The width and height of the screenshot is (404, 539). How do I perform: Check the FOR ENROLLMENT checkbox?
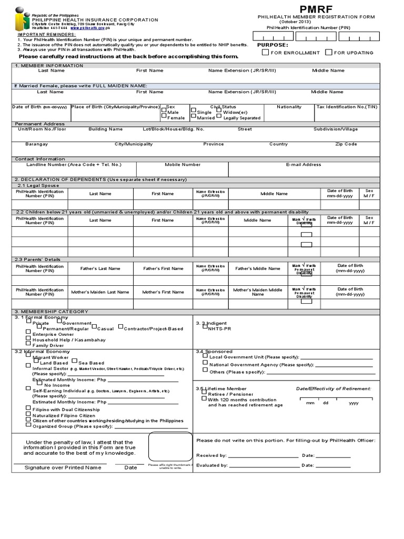pos(266,52)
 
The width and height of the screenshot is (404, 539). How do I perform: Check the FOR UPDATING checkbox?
pos(329,52)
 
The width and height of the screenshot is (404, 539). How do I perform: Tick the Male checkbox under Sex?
pos(164,111)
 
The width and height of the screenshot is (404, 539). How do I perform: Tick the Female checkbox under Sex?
pos(164,117)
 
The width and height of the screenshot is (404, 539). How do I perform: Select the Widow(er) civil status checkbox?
pos(219,111)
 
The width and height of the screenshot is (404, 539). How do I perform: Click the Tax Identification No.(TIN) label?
pos(347,107)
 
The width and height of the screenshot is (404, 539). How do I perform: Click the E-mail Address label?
pos(304,165)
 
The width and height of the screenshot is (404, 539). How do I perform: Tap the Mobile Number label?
pos(183,165)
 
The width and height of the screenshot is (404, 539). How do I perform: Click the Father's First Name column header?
pos(163,268)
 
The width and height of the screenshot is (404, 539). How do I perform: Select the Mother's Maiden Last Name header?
pos(100,292)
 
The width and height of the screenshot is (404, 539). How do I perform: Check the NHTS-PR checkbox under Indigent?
pos(205,326)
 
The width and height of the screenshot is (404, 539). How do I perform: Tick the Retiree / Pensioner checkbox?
pos(204,393)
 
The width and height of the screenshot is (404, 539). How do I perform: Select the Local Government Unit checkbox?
pos(205,355)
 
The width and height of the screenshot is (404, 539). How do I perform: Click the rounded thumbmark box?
pos(170,446)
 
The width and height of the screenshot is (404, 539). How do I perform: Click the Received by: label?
pos(211,455)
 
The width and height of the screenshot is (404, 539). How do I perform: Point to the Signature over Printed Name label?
pos(63,467)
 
